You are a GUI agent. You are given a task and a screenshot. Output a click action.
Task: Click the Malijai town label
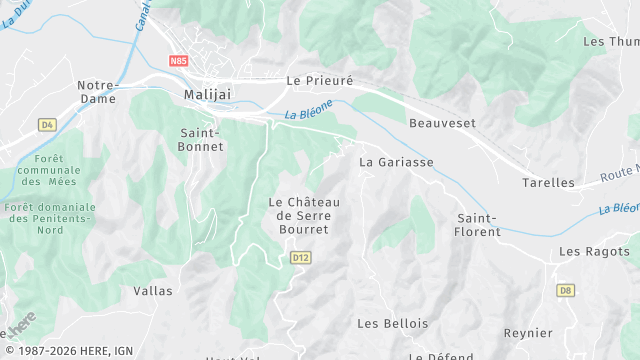[x=208, y=94]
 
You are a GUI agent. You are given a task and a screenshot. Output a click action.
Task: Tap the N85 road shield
[x=179, y=61]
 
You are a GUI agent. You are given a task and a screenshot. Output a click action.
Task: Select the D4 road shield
[x=47, y=125]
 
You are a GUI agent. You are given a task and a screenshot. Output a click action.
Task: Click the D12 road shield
[x=300, y=257]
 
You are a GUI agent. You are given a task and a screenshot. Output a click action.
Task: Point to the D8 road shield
[x=566, y=290]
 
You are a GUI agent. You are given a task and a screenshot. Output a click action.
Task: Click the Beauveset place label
[x=442, y=123]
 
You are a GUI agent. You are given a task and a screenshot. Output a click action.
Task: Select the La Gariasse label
[x=396, y=161]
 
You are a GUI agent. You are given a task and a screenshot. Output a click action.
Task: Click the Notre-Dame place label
[x=98, y=92]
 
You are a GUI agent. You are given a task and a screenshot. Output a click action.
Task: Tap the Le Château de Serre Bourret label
[x=305, y=215]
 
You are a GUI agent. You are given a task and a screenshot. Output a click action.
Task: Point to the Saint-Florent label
[x=478, y=224]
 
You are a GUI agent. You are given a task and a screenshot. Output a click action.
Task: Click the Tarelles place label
[x=549, y=183]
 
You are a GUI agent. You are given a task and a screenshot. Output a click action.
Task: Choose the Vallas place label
[x=153, y=291]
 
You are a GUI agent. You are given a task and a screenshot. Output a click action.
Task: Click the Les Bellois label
[x=392, y=323]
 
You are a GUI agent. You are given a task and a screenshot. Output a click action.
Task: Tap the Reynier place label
[x=528, y=333]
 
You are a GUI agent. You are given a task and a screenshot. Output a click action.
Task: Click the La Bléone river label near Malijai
[x=307, y=114]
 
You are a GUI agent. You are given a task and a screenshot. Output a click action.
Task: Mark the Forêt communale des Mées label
[x=49, y=170]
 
